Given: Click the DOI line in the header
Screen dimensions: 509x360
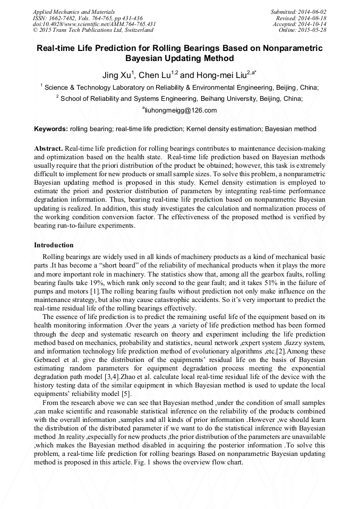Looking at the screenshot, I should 95,24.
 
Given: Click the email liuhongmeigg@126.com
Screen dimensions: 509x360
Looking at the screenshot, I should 181,110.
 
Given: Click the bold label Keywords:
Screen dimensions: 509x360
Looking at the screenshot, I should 51,129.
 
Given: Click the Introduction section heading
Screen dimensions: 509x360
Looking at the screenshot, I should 54,245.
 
